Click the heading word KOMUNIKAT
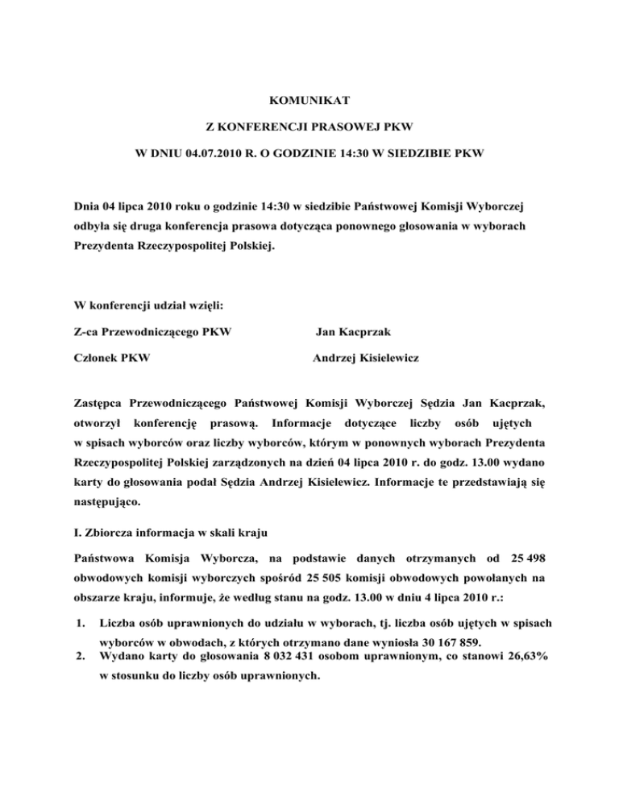click(x=309, y=102)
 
